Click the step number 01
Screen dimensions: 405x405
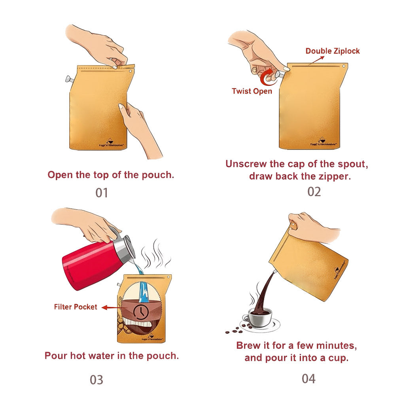tap(102, 193)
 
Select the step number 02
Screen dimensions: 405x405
tap(314, 191)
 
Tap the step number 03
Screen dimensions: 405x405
tap(96, 380)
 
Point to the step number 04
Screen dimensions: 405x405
tap(308, 379)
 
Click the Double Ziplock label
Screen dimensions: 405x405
tap(333, 51)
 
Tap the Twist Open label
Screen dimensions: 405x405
tap(252, 91)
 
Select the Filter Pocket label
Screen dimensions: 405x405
tap(76, 307)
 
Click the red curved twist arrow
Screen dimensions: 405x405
tap(269, 75)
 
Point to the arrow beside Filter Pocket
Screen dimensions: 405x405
tap(112, 307)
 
